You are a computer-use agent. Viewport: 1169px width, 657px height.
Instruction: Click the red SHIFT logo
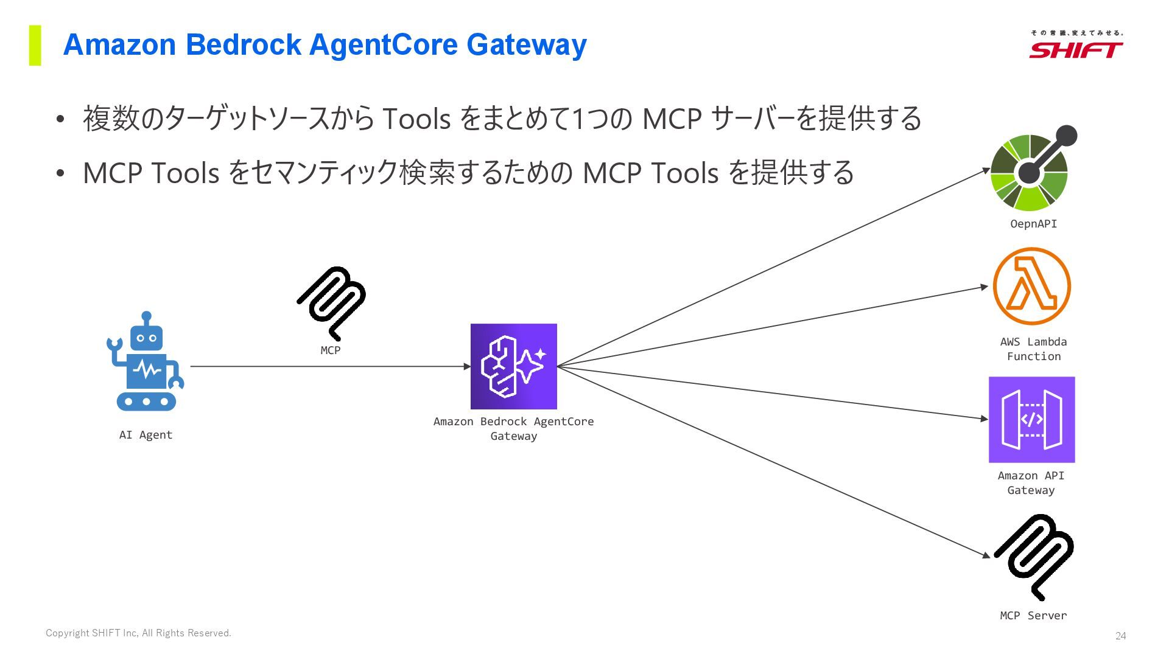point(1076,49)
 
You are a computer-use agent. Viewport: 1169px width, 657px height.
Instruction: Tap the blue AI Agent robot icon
point(146,365)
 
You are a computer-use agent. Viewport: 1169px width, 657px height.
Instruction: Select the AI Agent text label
point(146,435)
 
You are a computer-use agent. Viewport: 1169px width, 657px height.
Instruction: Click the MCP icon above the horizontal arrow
point(331,302)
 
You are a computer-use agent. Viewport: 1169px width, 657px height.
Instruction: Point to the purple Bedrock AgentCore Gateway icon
point(513,366)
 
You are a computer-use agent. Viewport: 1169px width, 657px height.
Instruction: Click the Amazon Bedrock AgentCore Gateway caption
point(513,428)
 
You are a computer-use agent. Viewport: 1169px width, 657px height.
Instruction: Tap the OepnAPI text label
point(1033,224)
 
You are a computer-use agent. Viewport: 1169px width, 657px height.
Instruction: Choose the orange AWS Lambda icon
point(1031,286)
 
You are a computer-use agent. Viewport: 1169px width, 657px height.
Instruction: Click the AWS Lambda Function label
point(1033,349)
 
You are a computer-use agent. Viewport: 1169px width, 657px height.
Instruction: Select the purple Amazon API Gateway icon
point(1031,420)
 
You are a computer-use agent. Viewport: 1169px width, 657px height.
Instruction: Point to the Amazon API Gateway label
point(1031,483)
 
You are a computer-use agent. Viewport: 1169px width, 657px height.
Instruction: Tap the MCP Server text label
point(1033,616)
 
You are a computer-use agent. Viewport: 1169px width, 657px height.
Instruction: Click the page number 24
point(1120,636)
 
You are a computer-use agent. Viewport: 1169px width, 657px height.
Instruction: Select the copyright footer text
point(138,633)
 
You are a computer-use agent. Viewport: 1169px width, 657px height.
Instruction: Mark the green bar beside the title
point(35,45)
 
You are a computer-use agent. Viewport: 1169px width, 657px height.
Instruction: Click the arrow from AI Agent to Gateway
point(329,366)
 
